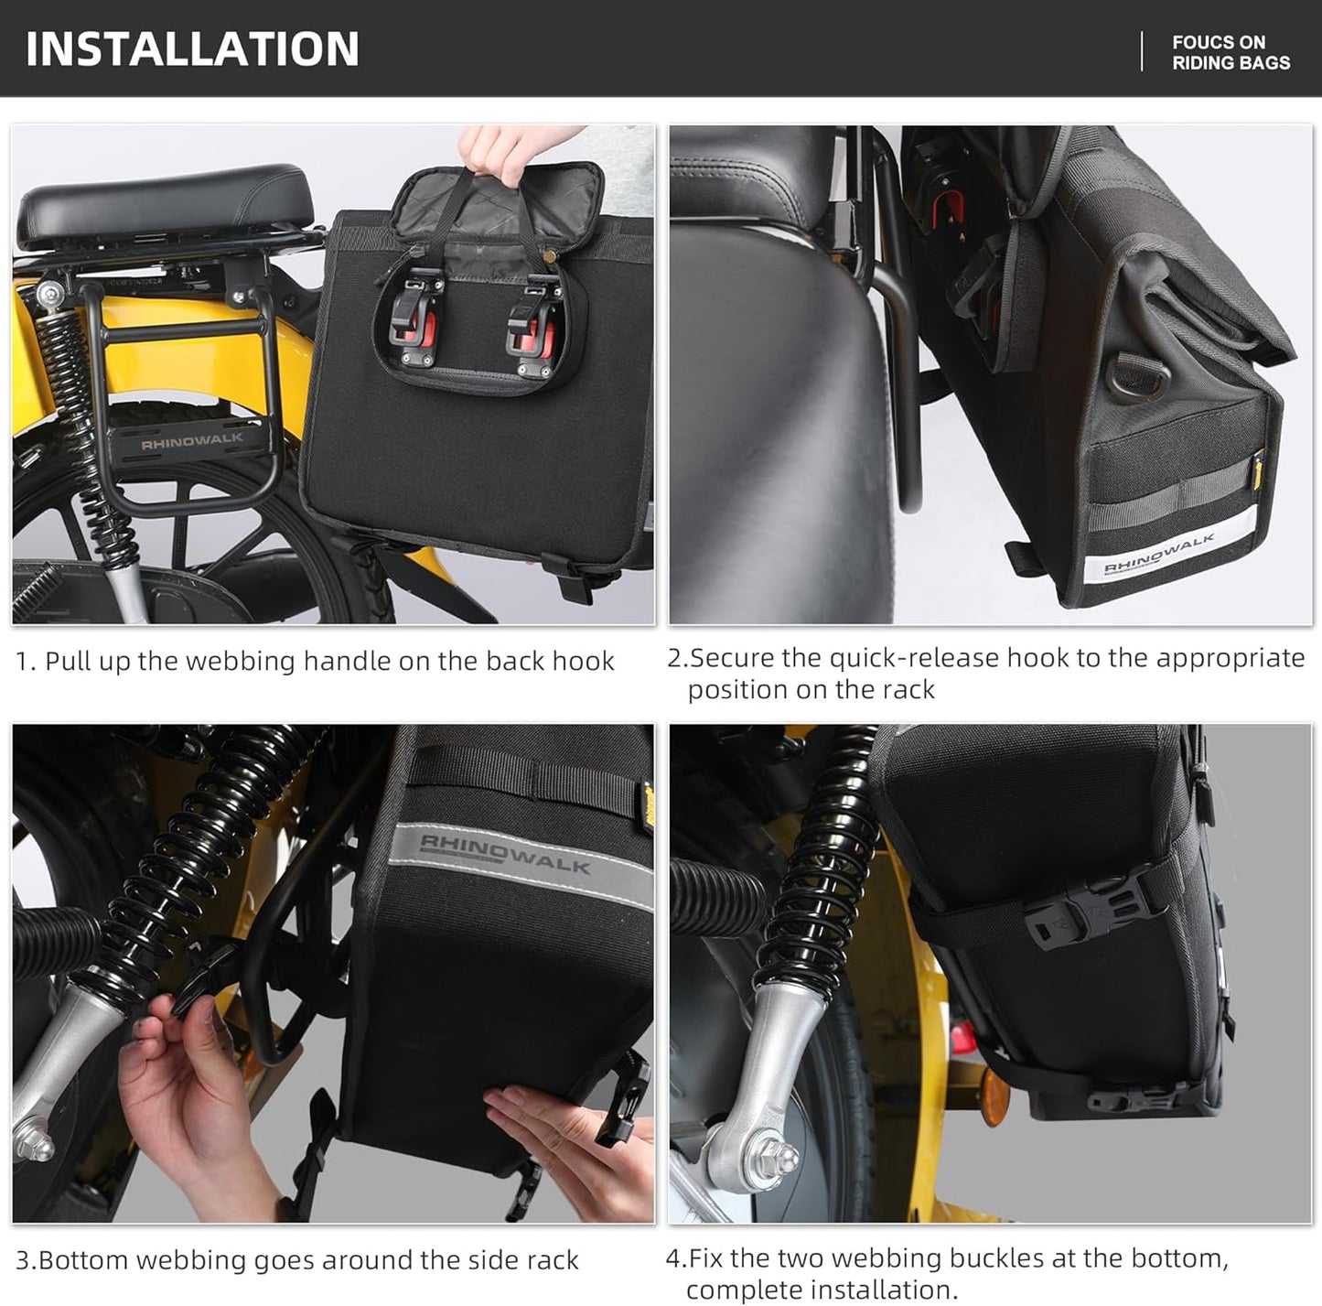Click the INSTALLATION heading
click(192, 49)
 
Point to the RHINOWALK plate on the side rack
click(191, 440)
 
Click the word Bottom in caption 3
click(82, 1260)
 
